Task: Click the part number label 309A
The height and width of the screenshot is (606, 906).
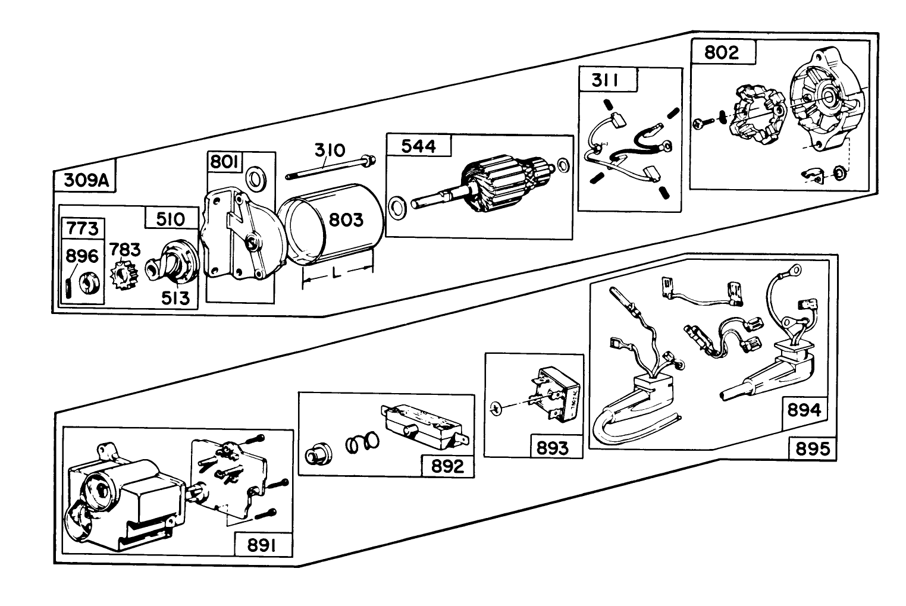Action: [x=84, y=180]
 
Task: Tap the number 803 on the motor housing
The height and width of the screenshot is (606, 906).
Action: [x=346, y=220]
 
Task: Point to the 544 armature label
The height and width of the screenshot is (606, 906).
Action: [x=419, y=146]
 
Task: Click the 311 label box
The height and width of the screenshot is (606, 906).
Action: [x=605, y=79]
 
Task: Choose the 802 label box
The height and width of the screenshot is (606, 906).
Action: [x=722, y=52]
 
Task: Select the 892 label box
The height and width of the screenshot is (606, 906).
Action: [x=447, y=466]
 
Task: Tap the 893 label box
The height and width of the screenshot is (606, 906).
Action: [x=552, y=448]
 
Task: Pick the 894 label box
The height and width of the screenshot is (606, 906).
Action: [x=804, y=410]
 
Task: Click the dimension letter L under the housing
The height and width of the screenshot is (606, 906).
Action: [x=337, y=274]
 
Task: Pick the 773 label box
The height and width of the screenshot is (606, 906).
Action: [x=83, y=228]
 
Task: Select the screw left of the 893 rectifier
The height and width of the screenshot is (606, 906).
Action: [x=498, y=407]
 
